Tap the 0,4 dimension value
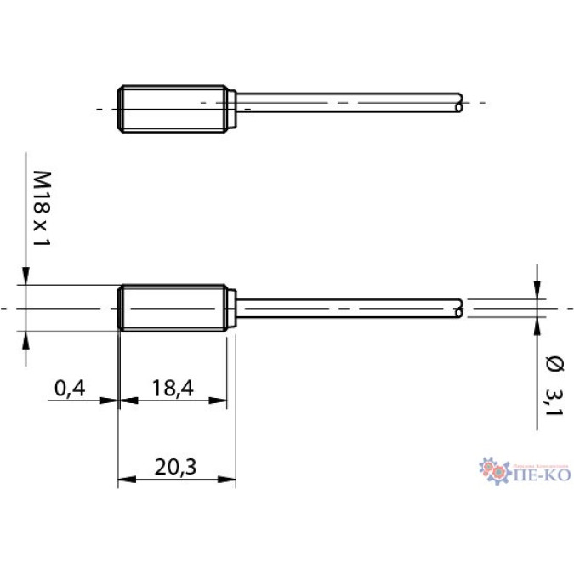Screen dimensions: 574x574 point(70,389)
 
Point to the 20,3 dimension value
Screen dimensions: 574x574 point(176,467)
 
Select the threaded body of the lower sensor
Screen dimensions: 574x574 point(173,307)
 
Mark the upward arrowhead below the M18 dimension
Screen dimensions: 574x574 point(26,338)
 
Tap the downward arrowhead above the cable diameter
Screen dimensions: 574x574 point(537,290)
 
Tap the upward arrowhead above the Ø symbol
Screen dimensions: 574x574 point(537,325)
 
